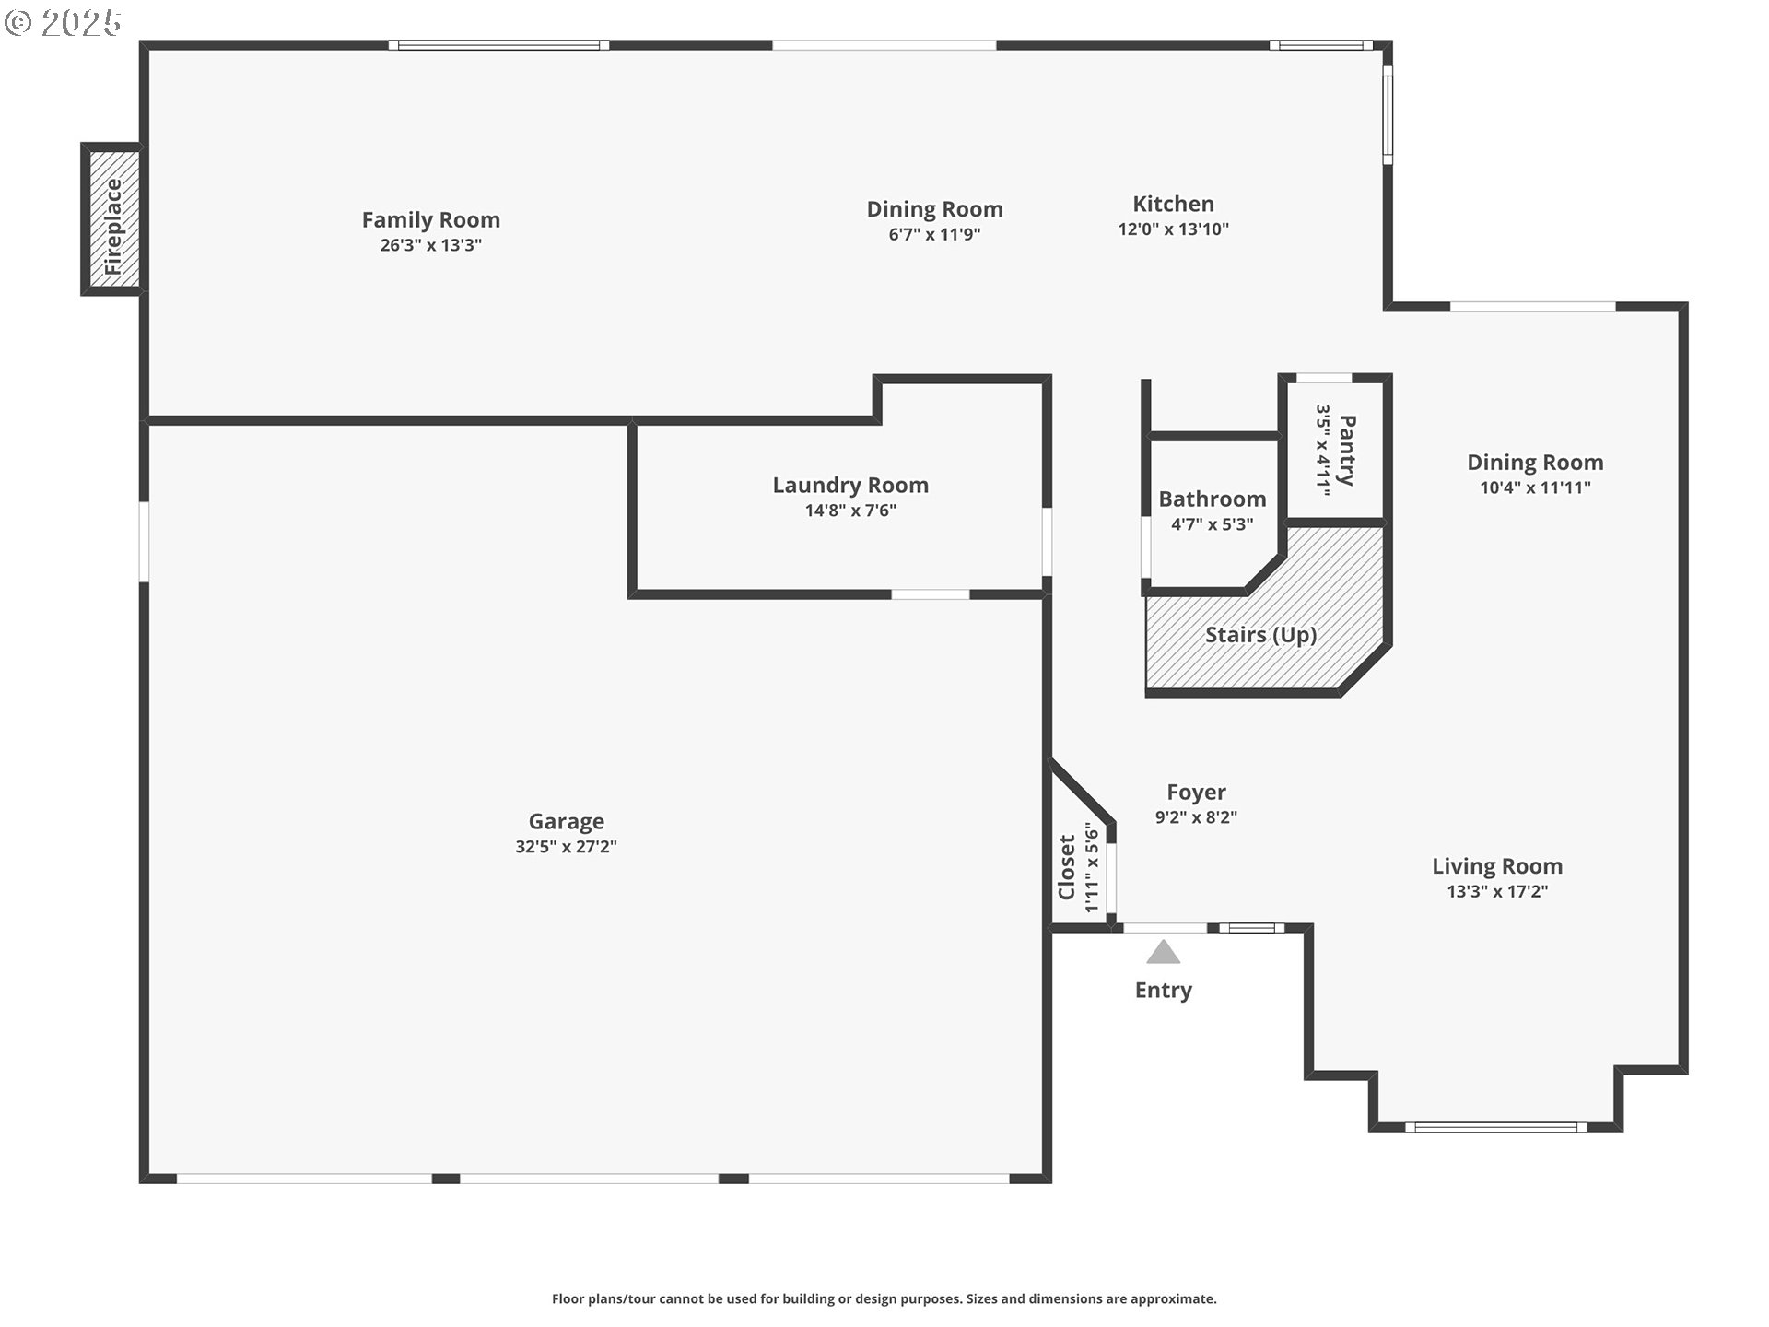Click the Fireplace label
point(113,227)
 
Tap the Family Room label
point(431,220)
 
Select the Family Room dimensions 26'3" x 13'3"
point(431,245)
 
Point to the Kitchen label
point(1173,204)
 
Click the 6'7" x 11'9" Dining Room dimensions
point(934,234)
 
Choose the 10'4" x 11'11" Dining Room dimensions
point(1535,487)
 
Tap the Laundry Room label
point(850,486)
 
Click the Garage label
point(567,821)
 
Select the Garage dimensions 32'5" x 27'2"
point(566,847)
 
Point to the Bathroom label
point(1213,499)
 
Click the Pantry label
point(1347,451)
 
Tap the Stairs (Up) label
point(1260,635)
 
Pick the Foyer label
point(1196,793)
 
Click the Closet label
point(1067,867)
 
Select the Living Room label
point(1497,866)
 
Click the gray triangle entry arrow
point(1163,952)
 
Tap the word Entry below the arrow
point(1164,991)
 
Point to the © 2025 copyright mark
point(63,23)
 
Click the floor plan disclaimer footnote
point(884,1299)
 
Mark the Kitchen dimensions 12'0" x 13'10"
point(1174,229)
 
